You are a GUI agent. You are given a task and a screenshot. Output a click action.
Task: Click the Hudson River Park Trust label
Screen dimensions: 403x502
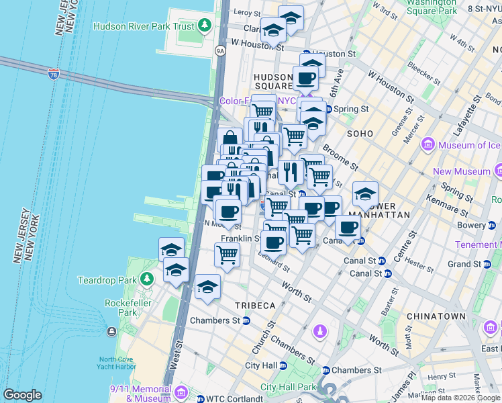coord(144,27)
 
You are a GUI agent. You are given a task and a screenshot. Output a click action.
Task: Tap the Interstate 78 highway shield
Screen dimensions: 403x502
coord(53,73)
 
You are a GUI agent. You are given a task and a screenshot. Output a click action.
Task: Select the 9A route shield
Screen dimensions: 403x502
coord(219,50)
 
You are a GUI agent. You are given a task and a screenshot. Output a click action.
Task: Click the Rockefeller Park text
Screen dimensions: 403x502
coord(121,308)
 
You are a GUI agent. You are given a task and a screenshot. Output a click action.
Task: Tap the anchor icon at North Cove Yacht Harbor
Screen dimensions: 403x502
coord(111,331)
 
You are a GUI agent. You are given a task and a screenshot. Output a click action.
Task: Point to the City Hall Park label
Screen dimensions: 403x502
coord(288,387)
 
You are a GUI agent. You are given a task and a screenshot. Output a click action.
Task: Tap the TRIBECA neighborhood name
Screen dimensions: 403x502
coord(255,306)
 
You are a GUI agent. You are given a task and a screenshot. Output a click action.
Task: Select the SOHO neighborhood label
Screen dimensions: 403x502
coord(360,134)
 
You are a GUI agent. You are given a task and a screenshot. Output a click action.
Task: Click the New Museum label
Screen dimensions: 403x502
coord(462,171)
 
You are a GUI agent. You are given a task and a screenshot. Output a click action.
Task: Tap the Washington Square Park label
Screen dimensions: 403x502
coord(432,7)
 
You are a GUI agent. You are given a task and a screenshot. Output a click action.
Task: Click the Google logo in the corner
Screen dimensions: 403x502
coord(22,395)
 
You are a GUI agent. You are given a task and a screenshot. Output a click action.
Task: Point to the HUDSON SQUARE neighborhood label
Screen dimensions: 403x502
coord(273,82)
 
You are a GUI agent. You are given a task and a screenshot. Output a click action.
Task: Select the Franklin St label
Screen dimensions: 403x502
coord(240,238)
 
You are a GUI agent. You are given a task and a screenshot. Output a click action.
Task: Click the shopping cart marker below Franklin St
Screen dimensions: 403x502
coord(228,255)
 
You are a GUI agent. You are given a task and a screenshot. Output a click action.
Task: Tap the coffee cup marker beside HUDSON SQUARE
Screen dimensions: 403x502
coord(305,78)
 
